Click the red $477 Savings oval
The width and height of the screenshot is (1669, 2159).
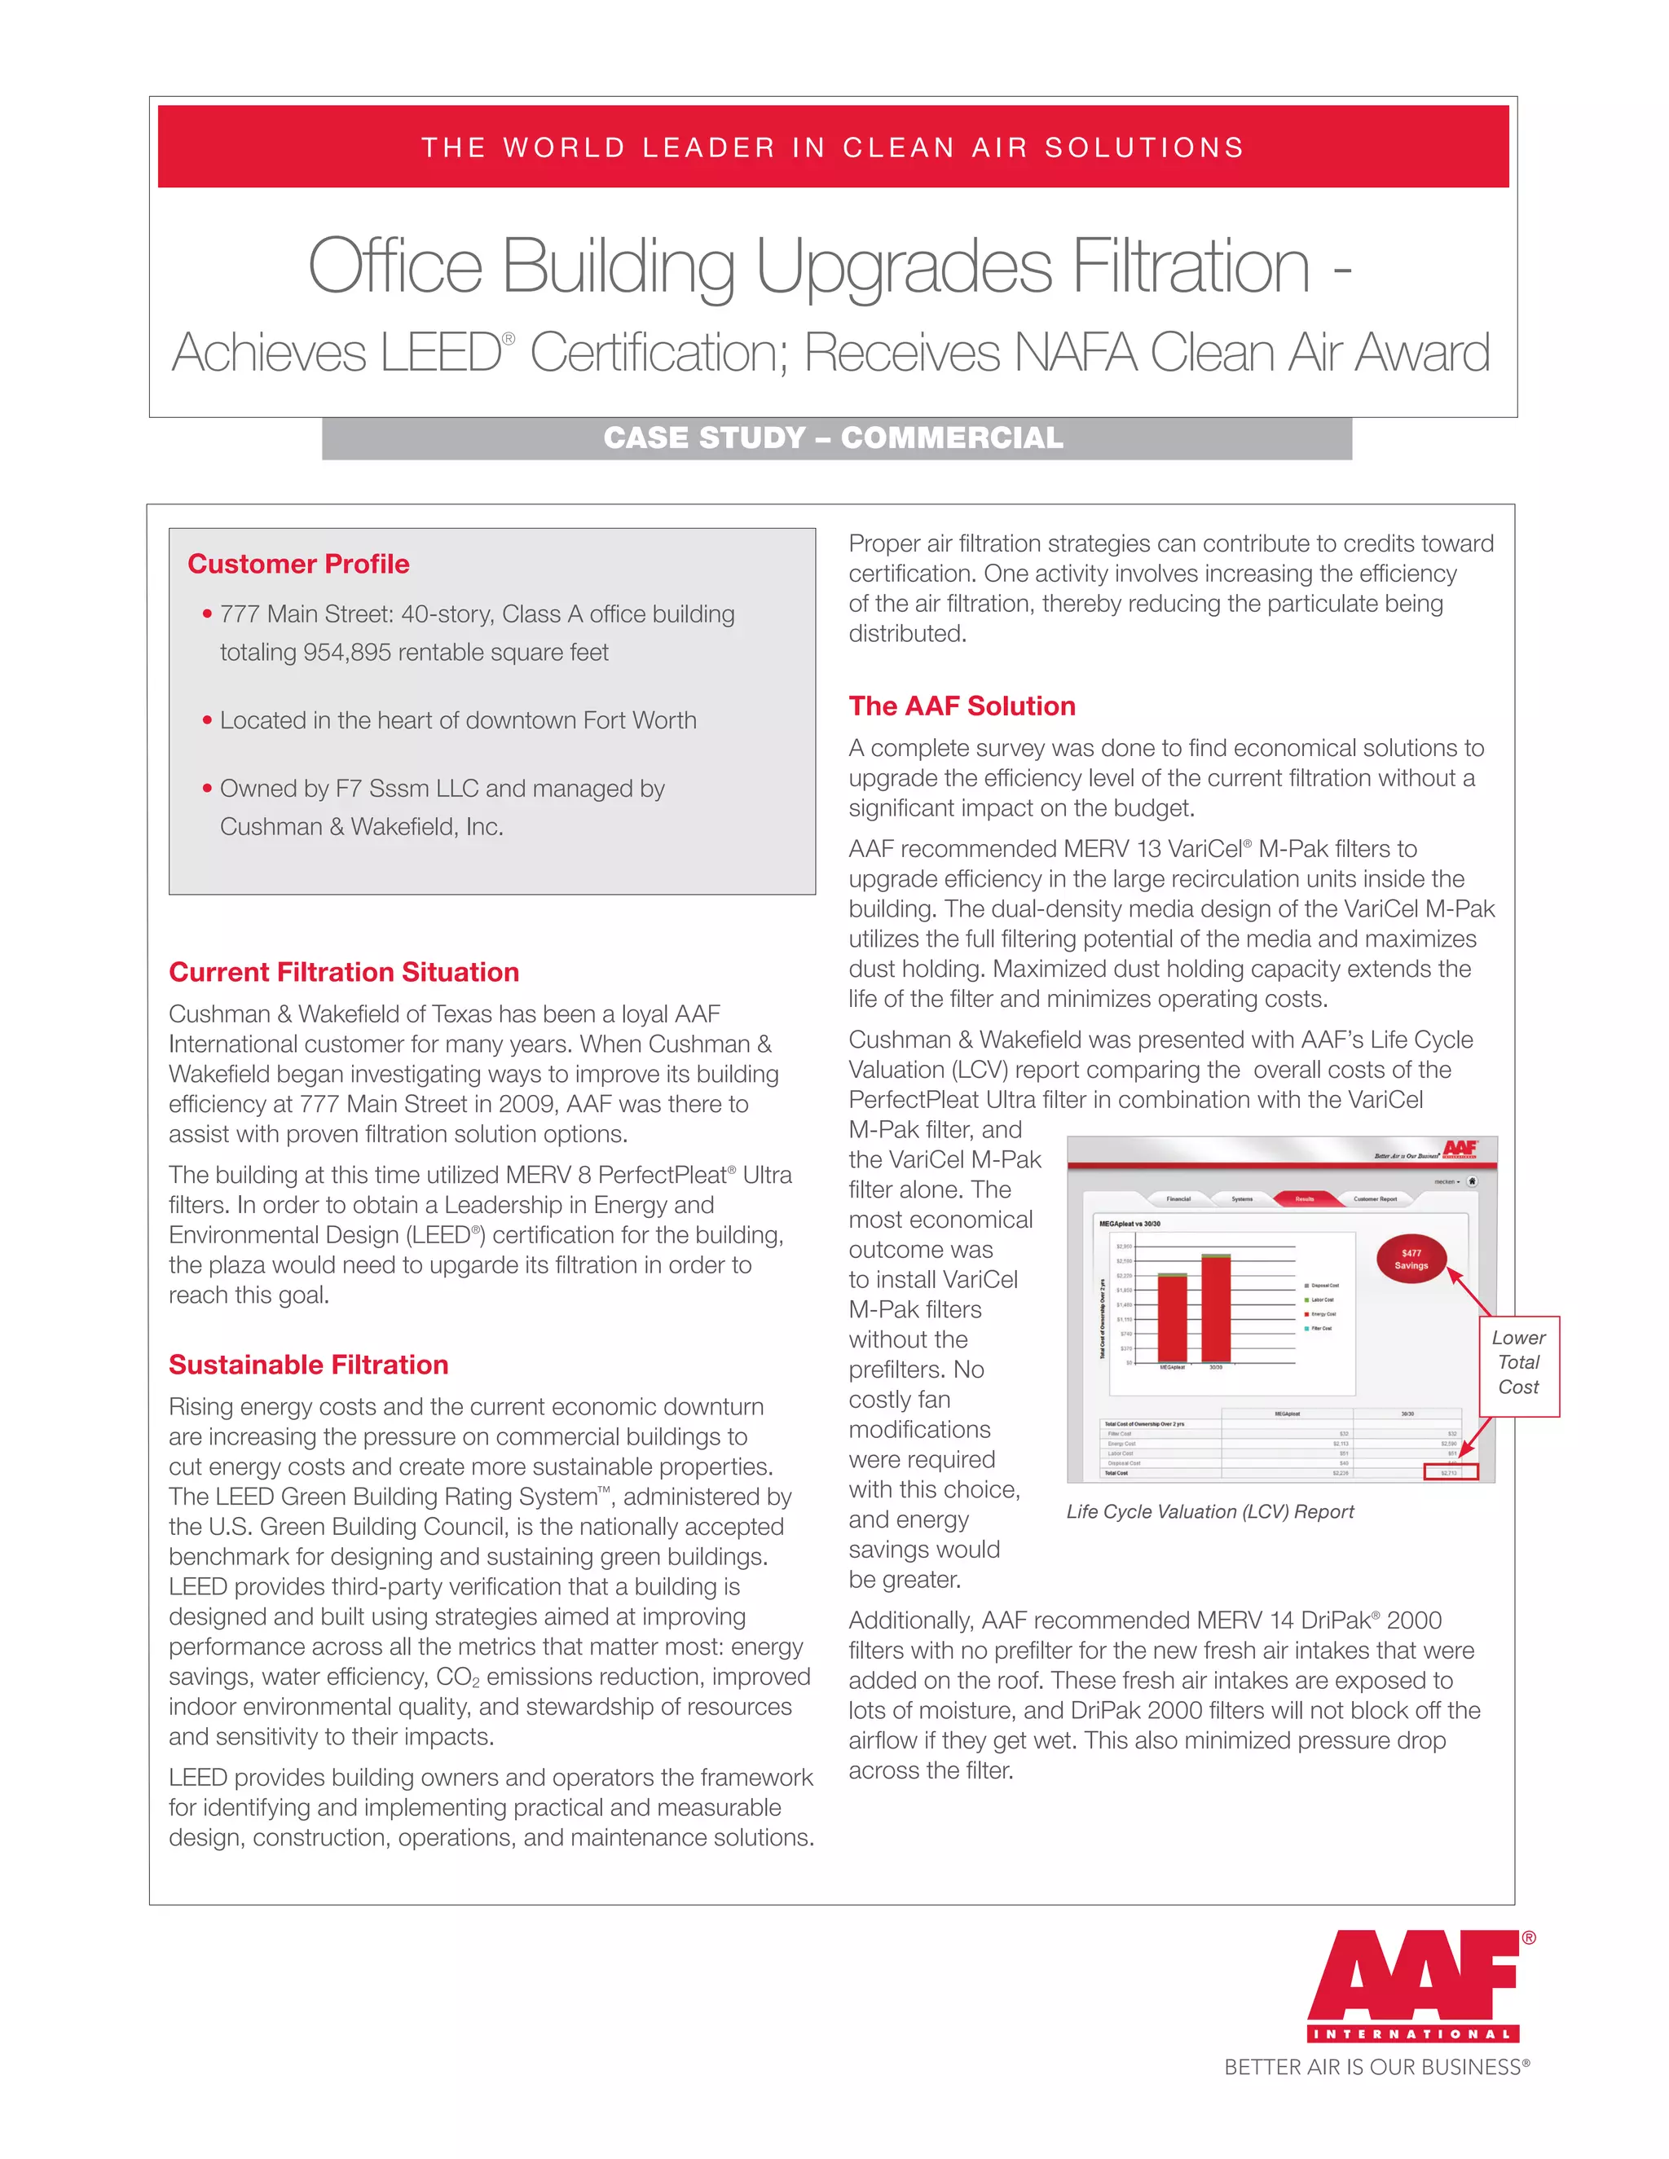(1411, 1259)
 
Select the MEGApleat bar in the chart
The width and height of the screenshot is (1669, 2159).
(1173, 1317)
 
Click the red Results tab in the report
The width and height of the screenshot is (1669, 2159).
(1306, 1198)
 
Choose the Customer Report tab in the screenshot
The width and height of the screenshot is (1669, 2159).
(1376, 1198)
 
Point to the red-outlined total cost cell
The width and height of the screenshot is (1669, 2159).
(1450, 1473)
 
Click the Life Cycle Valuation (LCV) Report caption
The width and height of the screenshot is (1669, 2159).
(1209, 1511)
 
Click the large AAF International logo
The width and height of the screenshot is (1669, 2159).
(1413, 1988)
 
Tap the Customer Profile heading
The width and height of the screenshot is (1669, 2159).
(297, 564)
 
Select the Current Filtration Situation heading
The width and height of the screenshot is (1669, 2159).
(343, 972)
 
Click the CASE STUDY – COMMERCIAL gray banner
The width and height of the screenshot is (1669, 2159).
(835, 438)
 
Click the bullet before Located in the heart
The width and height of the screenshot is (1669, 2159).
(207, 719)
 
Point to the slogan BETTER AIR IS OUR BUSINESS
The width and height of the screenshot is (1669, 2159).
(1376, 2067)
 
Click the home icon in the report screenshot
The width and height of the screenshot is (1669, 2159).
(1471, 1181)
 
